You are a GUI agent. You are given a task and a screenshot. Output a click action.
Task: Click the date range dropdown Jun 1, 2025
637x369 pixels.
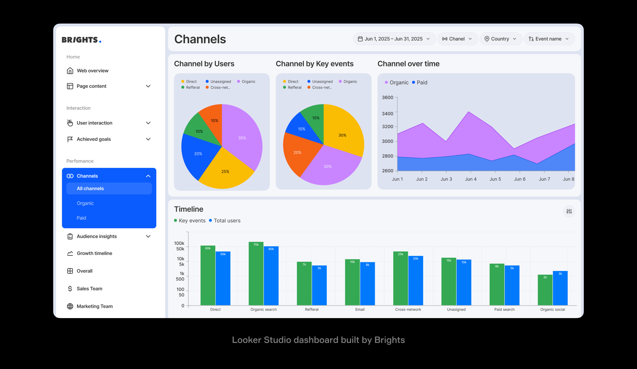click(x=394, y=39)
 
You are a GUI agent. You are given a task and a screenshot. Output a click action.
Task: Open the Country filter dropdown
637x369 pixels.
click(x=500, y=39)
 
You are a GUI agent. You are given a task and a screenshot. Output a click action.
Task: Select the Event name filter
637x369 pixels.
click(x=549, y=39)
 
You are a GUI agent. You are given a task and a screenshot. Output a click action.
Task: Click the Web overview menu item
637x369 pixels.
click(x=93, y=71)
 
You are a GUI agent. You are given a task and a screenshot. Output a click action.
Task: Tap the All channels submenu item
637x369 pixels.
click(x=90, y=189)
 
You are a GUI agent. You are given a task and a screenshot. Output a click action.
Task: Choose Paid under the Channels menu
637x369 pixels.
click(x=81, y=218)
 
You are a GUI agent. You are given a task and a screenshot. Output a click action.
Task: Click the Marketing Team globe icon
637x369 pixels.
click(x=70, y=306)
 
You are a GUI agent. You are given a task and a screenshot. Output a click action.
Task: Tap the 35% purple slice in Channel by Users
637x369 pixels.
click(x=242, y=138)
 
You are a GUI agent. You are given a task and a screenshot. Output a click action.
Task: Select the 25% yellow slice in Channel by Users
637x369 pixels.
click(x=225, y=171)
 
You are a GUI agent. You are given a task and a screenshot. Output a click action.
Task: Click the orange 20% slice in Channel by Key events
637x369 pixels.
click(x=297, y=152)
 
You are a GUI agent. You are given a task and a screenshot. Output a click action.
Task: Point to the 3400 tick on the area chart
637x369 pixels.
click(x=388, y=114)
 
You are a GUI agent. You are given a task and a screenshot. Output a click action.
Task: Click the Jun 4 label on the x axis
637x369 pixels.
click(x=471, y=179)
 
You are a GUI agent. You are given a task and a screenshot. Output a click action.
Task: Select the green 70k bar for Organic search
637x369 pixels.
click(x=256, y=273)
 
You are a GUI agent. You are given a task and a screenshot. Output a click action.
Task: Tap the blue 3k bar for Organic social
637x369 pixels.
click(x=560, y=288)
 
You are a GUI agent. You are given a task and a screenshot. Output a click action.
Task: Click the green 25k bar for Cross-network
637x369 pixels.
click(x=400, y=278)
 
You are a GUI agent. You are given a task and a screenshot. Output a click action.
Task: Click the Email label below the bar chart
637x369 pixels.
click(x=360, y=309)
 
